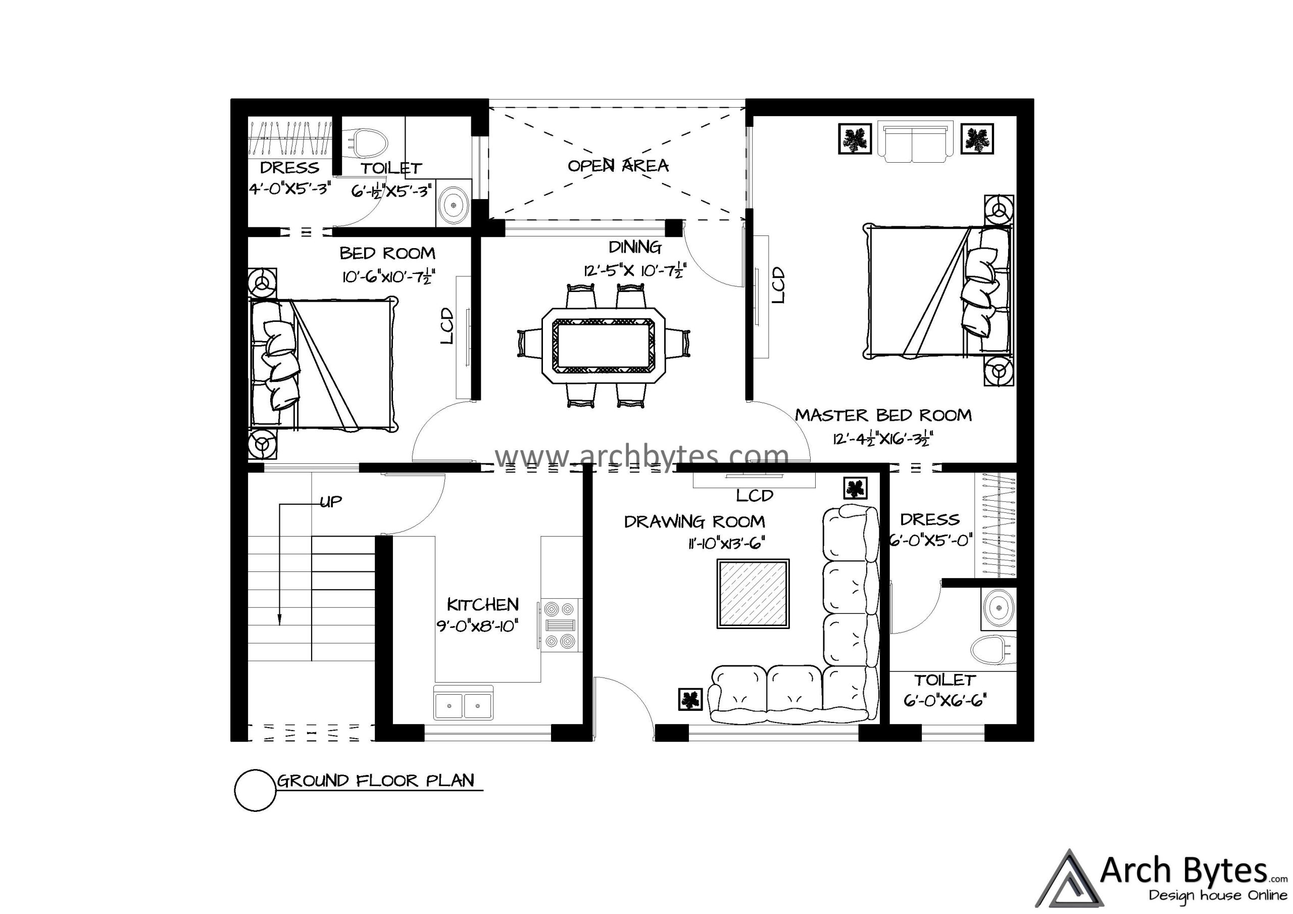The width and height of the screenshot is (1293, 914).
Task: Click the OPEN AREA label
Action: (618, 166)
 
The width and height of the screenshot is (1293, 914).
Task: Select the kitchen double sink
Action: (463, 703)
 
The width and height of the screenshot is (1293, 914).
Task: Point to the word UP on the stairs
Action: (330, 502)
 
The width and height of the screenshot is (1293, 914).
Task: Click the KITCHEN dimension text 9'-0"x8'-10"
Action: (477, 626)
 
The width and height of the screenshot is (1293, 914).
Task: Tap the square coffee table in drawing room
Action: (753, 593)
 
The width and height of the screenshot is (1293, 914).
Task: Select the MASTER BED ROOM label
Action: (883, 415)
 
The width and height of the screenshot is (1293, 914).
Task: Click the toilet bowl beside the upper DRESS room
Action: (369, 143)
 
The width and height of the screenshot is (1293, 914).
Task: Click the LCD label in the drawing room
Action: (755, 496)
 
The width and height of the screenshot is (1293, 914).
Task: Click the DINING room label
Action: (635, 247)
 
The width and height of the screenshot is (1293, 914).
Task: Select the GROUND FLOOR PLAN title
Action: (376, 781)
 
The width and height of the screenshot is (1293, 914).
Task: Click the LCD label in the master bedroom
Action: (778, 285)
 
